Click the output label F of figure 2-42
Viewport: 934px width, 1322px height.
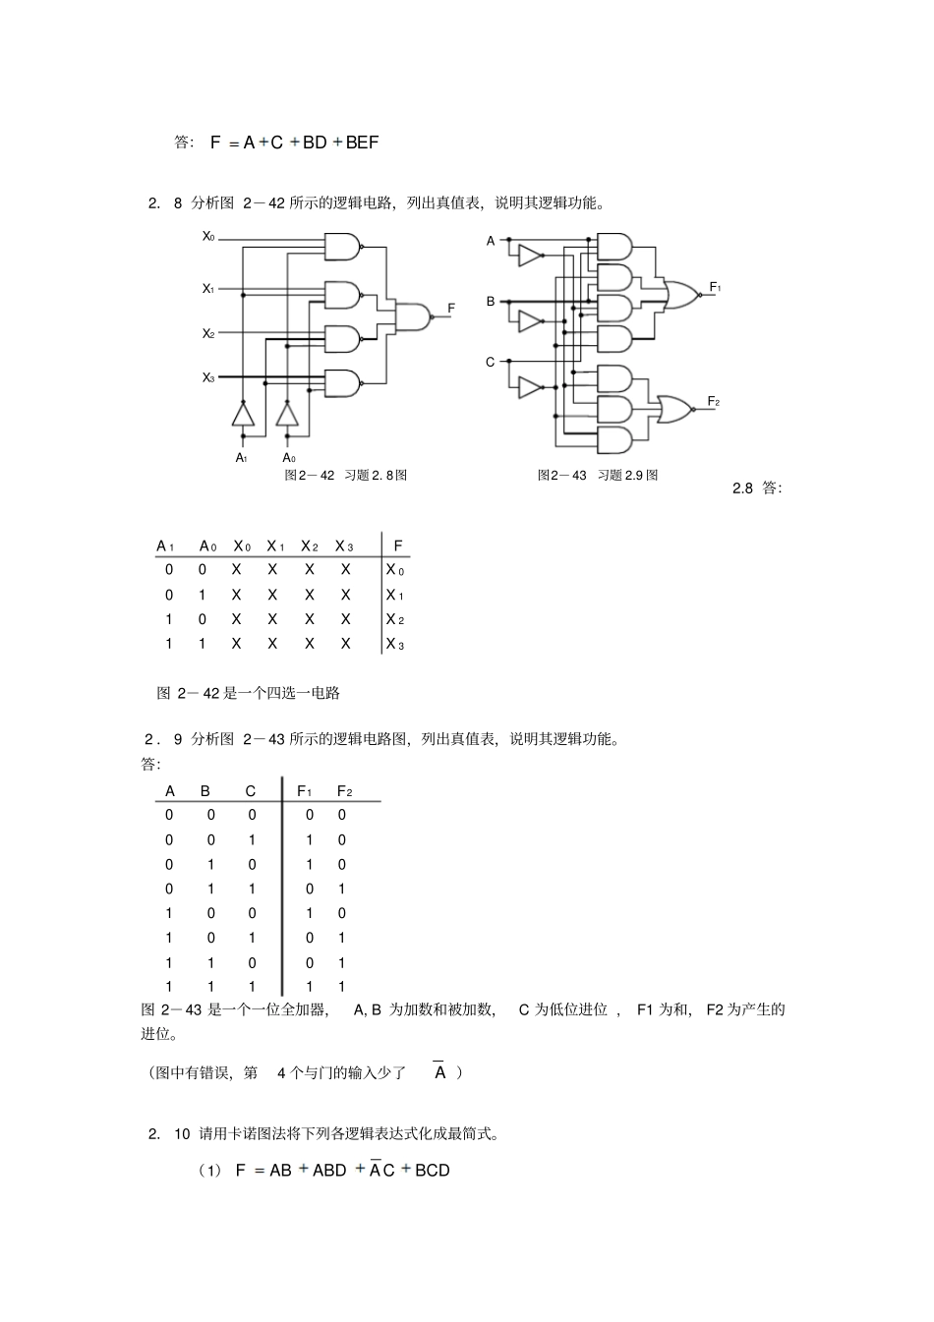point(451,309)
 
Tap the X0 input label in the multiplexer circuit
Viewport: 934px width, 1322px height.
point(208,236)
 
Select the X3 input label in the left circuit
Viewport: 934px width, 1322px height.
point(208,377)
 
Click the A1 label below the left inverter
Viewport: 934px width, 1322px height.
point(242,458)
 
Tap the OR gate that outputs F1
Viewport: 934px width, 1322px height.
point(680,294)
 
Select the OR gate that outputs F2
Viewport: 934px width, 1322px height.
point(674,408)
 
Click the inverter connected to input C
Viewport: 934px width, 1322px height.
point(530,387)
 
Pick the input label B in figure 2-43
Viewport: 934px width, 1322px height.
point(491,302)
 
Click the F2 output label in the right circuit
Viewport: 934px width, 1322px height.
point(714,402)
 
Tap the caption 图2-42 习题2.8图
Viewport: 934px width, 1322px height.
point(345,476)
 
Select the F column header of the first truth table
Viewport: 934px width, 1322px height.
point(397,546)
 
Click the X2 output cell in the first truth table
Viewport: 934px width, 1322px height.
point(395,619)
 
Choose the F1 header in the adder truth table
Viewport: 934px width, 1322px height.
point(305,791)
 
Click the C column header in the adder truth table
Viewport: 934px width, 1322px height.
point(251,791)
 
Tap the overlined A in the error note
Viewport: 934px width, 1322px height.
point(440,1073)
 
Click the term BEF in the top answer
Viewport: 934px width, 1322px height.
point(362,143)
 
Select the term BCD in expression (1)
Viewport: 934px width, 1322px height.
point(433,1171)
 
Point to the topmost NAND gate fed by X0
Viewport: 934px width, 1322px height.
point(341,248)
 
